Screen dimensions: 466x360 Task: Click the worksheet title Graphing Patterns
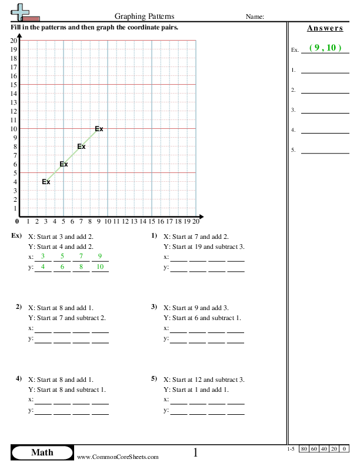(x=144, y=17)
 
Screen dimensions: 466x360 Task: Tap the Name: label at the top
(x=254, y=17)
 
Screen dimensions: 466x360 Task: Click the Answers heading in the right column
(x=325, y=28)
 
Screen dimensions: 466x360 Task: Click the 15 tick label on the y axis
(x=14, y=85)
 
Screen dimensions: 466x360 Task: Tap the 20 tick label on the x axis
(x=196, y=222)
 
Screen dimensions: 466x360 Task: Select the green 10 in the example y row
(x=100, y=267)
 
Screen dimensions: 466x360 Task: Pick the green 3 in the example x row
(x=43, y=256)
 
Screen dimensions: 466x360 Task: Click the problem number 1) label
(x=154, y=236)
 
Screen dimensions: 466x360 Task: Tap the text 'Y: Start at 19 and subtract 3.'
(x=204, y=247)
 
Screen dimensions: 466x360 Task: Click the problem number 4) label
(x=19, y=378)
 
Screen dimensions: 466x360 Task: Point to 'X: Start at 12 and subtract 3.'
(x=204, y=380)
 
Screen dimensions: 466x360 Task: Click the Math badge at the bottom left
(x=41, y=452)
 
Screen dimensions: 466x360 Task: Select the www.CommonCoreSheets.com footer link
(x=118, y=457)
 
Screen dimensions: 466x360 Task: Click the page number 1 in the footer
(x=196, y=452)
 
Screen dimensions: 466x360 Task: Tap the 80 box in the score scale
(x=304, y=450)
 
